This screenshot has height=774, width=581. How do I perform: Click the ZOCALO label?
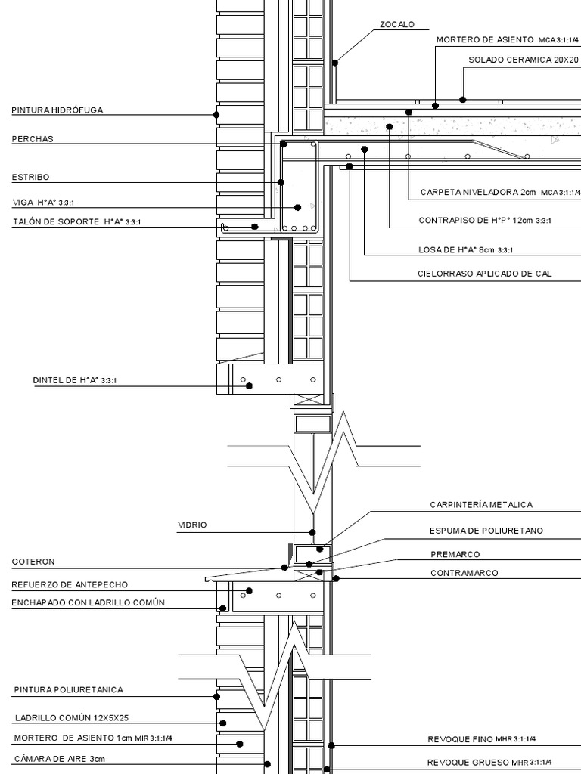pos(397,25)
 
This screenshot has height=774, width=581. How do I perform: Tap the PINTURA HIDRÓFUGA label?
pos(57,110)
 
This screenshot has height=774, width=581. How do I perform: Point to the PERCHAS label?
pos(33,139)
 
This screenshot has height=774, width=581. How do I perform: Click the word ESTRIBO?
pos(30,177)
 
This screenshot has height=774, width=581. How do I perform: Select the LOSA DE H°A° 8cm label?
pos(466,249)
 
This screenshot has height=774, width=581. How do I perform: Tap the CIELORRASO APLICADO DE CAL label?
pos(484,274)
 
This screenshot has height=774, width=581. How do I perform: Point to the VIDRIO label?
pos(192,524)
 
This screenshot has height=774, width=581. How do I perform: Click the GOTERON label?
pos(33,562)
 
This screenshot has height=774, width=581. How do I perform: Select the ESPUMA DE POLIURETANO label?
pos(486,531)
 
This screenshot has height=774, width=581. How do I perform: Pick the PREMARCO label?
pos(455,554)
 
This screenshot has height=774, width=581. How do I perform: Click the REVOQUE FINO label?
pos(486,738)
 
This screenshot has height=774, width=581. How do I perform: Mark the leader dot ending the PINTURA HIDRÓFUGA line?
pos(216,115)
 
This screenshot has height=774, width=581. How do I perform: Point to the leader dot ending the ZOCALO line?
pos(335,63)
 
